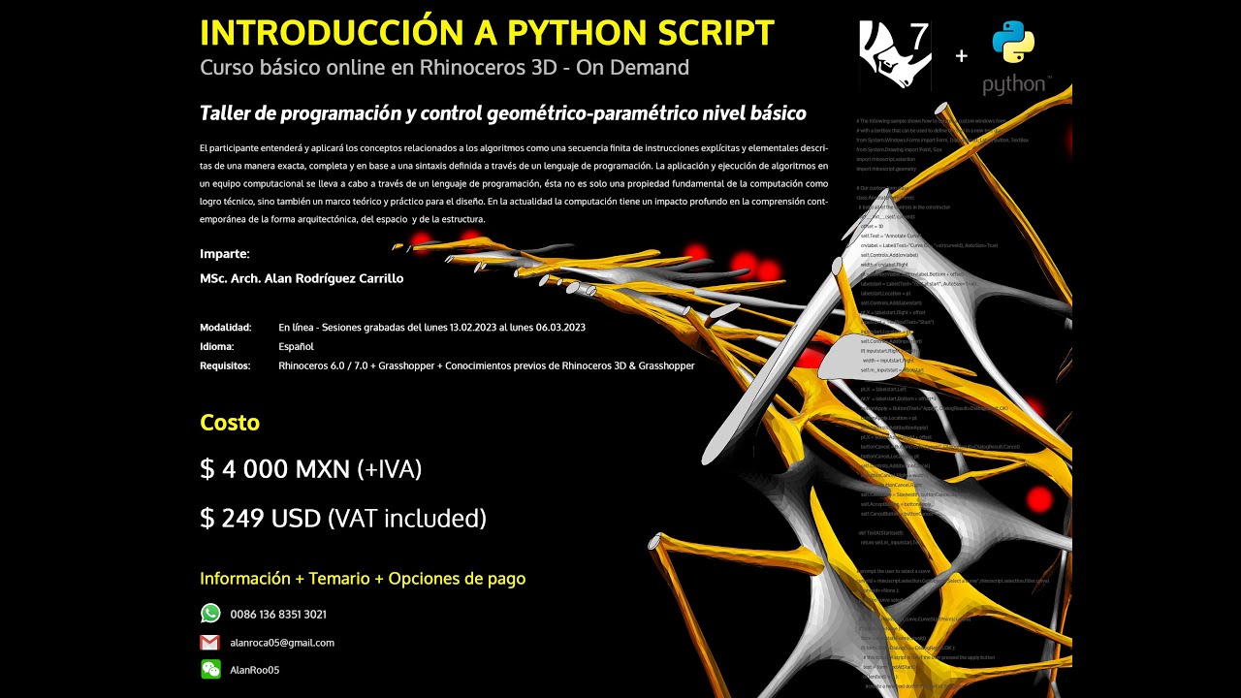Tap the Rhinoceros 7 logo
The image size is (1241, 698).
pos(894,55)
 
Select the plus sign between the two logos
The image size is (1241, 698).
pos(961,56)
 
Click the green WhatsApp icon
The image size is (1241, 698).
pos(210,614)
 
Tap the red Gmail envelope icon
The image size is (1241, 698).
pos(210,643)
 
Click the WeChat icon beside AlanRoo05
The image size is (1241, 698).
pos(210,669)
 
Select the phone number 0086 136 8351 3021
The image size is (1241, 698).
pos(278,615)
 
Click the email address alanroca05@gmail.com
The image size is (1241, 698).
pos(282,643)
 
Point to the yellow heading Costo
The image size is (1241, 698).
pos(230,423)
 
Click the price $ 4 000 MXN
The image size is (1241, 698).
pos(274,469)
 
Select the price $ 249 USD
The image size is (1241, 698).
pos(260,519)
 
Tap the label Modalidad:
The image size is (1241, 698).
pos(226,328)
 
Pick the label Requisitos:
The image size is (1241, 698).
pos(225,365)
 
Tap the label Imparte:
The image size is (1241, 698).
pos(225,254)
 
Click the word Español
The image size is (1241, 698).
pos(296,346)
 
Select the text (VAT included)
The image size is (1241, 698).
pos(407,519)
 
